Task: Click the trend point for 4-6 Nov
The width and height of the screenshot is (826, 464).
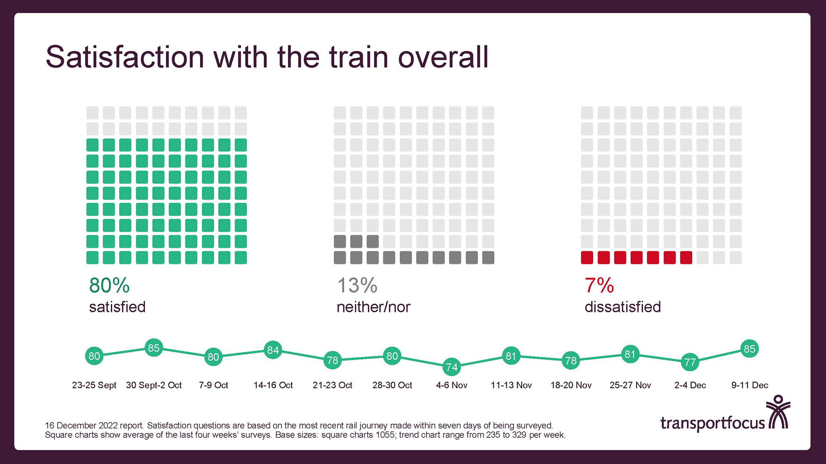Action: (x=452, y=367)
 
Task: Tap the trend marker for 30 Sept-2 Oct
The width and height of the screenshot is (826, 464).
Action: (x=154, y=348)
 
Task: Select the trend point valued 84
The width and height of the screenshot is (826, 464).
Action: (x=273, y=350)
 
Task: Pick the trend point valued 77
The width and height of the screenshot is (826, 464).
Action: (x=690, y=362)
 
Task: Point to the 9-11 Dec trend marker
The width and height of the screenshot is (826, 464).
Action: (x=749, y=349)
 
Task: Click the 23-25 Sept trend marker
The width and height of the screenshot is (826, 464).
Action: (x=94, y=356)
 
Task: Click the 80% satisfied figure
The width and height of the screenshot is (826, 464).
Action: (x=109, y=285)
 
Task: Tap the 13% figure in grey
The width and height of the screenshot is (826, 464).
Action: (x=357, y=285)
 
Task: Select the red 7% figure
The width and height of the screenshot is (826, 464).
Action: (x=599, y=285)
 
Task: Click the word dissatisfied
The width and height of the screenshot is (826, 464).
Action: (x=623, y=307)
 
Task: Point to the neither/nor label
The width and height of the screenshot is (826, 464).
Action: (x=373, y=307)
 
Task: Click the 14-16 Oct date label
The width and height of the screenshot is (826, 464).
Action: (x=273, y=385)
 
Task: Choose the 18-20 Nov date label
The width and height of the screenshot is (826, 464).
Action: (x=571, y=385)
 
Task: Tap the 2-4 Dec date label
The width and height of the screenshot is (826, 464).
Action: (x=690, y=385)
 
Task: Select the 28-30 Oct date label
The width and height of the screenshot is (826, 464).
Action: (x=392, y=385)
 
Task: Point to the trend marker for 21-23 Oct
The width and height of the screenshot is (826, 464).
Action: (x=333, y=360)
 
